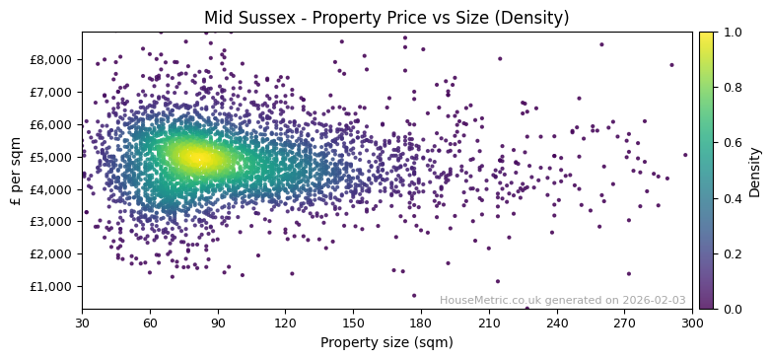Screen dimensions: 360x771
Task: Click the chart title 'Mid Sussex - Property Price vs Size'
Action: click(x=385, y=19)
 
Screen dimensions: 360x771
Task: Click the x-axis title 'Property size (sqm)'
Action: click(x=386, y=343)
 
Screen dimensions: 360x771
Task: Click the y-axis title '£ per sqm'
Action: click(x=17, y=171)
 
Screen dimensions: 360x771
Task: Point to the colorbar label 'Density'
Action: click(x=754, y=171)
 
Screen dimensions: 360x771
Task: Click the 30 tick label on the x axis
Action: click(x=82, y=323)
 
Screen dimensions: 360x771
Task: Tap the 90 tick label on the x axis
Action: click(x=218, y=323)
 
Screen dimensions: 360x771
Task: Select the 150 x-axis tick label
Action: click(x=353, y=323)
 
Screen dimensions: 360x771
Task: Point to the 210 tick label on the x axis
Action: click(x=489, y=323)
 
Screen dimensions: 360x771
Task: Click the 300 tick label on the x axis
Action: click(x=692, y=323)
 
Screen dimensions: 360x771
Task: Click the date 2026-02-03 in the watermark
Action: click(x=654, y=301)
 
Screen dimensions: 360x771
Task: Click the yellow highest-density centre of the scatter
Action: click(x=193, y=157)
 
